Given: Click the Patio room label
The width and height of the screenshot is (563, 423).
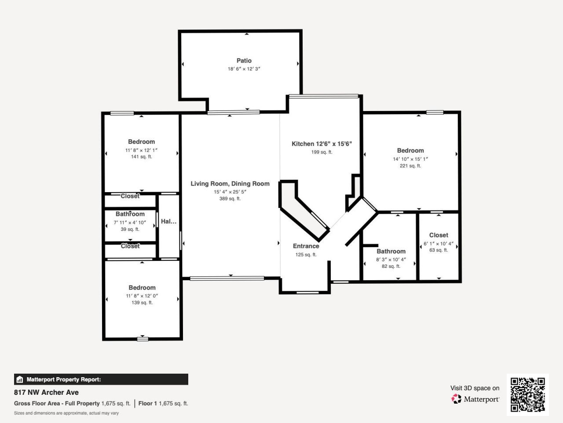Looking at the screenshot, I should pos(244,61).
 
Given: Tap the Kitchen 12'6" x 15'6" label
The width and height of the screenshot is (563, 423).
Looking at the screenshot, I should pos(322,144).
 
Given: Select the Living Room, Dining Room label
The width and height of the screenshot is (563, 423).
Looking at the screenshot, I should pos(230,184).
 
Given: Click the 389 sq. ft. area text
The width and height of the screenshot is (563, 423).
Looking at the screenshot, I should pos(230,199).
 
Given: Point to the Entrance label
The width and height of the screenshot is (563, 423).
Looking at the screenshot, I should pos(306,246).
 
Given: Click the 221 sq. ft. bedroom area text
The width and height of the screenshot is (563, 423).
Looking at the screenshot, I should pos(410,166).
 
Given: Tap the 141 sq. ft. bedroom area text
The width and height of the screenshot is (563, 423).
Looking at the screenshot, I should pos(141,157).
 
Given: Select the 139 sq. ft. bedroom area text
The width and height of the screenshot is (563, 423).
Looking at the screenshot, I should pos(142,303).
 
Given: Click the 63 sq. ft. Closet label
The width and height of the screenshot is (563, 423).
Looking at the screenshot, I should pos(439,235).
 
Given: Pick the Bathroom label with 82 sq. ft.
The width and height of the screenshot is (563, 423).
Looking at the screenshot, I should pos(391,252).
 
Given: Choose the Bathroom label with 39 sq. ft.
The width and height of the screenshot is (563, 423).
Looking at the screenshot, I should pos(130,214).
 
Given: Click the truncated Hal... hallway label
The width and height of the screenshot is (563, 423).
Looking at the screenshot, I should pos(168,222).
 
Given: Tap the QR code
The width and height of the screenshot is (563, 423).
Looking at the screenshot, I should pos(527,394).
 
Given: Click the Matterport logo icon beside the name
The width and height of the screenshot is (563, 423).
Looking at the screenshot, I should pos(457,399).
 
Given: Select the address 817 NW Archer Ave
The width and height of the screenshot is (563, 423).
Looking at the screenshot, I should pos(46,392).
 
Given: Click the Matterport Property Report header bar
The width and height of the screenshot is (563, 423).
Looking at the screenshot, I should pos(101,379).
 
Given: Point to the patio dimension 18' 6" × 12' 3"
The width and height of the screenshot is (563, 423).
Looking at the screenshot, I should pos(244,69).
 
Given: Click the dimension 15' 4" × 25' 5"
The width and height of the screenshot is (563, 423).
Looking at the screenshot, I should pos(230,192).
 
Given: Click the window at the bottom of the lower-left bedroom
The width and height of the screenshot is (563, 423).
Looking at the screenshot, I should pos(143,339).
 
